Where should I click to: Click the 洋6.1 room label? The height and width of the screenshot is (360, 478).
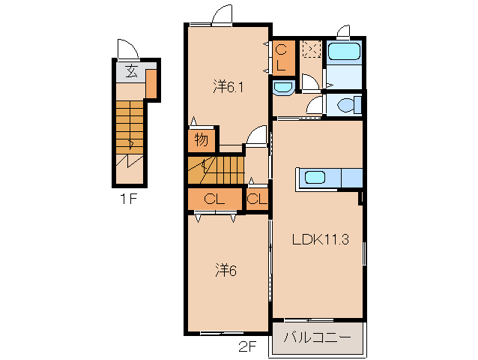[x=228, y=87]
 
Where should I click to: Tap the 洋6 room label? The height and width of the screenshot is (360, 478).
[x=226, y=270]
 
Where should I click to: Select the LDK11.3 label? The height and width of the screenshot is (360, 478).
[x=321, y=239]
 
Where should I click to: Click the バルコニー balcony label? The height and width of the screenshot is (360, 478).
[x=318, y=337]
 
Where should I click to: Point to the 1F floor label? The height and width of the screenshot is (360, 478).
[x=128, y=199]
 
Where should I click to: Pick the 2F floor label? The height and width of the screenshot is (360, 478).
[x=247, y=347]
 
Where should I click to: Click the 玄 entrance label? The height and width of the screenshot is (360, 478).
[x=131, y=71]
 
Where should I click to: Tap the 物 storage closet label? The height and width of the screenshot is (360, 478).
[x=202, y=140]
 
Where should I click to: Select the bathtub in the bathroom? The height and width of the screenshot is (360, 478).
[x=344, y=51]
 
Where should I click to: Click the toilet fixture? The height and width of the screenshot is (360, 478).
[x=349, y=105]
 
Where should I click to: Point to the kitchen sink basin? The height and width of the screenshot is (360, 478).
[x=315, y=177]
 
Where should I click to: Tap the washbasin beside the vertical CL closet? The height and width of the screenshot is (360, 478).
[x=283, y=87]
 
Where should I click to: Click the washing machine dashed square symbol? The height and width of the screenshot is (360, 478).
[x=311, y=49]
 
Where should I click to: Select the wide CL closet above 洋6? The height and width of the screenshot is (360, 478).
[x=214, y=199]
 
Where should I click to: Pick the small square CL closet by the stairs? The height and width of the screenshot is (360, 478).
[x=257, y=199]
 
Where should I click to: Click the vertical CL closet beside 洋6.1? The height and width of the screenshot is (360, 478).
[x=283, y=58]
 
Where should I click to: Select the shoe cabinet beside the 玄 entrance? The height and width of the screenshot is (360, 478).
[x=151, y=84]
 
